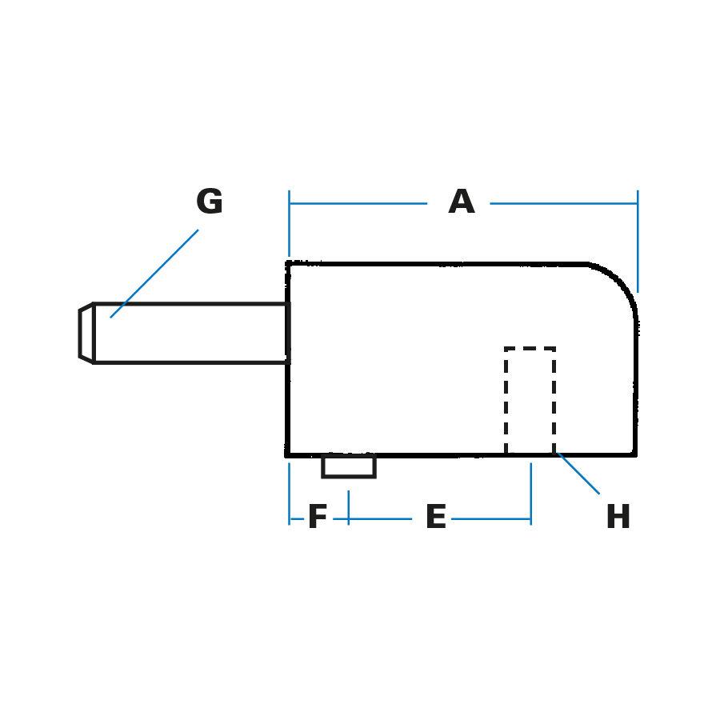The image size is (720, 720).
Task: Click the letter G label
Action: [x=210, y=202]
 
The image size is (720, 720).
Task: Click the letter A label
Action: [x=461, y=202]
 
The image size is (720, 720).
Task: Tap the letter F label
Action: [x=318, y=518]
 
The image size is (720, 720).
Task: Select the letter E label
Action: [x=435, y=518]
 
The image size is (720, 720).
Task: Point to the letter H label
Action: [x=618, y=518]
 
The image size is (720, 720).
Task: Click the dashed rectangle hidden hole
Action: [x=530, y=400]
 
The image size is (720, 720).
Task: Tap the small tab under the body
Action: [x=348, y=466]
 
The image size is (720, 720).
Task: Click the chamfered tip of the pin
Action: [x=86, y=333]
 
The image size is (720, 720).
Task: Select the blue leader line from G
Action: [x=154, y=274]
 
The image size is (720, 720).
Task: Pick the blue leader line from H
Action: [x=578, y=473]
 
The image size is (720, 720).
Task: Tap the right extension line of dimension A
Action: [x=638, y=240]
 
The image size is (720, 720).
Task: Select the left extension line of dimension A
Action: [x=289, y=224]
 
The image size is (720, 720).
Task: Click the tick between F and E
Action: [x=348, y=507]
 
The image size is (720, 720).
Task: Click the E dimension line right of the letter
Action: [x=490, y=519]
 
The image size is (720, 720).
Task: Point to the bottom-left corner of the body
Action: [x=288, y=454]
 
